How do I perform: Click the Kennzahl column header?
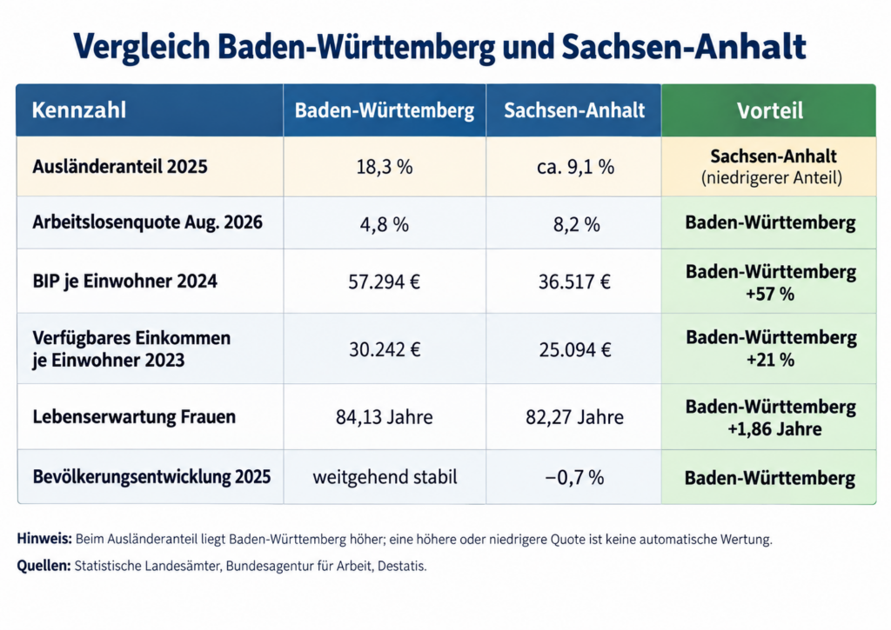click(79, 110)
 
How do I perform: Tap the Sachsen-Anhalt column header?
click(574, 110)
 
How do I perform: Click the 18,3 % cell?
click(384, 167)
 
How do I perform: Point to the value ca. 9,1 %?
click(575, 167)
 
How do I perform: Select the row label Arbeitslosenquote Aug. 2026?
click(147, 222)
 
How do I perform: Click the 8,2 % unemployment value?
click(576, 225)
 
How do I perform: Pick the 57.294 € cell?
click(384, 282)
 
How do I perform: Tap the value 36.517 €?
click(574, 282)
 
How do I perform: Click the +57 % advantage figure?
click(770, 294)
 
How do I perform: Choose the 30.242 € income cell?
click(385, 349)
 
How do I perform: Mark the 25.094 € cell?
click(575, 349)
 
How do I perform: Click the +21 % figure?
click(770, 360)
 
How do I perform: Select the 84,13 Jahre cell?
click(384, 417)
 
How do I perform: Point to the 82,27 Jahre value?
click(574, 417)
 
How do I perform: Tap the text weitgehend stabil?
click(385, 477)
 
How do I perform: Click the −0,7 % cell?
click(574, 477)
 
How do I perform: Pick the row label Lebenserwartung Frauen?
click(134, 416)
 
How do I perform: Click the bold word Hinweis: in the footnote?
click(44, 539)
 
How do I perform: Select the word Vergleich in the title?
click(142, 47)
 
